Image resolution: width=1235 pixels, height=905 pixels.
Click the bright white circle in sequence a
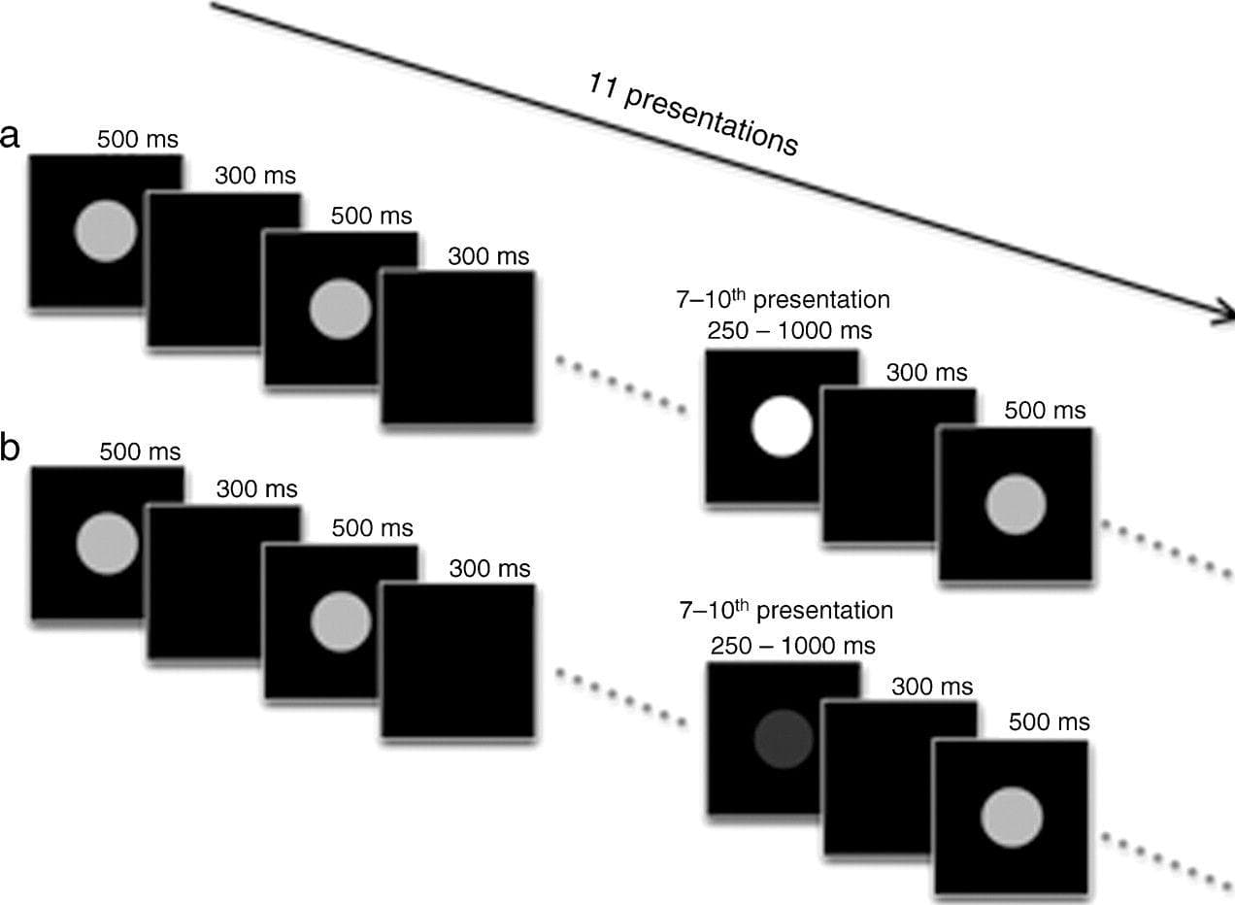point(782,427)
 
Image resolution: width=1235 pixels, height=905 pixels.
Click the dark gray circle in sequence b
point(784,737)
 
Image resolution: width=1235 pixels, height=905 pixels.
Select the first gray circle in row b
point(107,544)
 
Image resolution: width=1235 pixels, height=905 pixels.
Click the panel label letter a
point(11,137)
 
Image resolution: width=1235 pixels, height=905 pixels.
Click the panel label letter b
point(12,451)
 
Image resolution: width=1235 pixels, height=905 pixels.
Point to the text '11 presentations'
point(693,115)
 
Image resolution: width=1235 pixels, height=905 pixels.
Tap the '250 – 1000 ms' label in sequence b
point(792,645)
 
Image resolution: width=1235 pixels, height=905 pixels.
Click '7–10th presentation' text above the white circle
point(783,298)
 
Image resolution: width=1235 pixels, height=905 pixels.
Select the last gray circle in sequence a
point(1016,504)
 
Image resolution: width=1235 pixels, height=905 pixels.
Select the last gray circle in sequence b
point(1012,817)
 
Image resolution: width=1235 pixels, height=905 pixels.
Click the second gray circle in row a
point(340,309)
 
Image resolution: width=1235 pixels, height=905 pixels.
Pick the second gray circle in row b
point(340,620)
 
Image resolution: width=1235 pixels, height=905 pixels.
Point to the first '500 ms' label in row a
point(138,139)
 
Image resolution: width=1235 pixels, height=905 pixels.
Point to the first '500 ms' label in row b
point(140,452)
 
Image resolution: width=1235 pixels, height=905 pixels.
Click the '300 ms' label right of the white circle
point(928,372)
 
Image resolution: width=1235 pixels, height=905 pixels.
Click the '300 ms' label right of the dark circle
point(932,687)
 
